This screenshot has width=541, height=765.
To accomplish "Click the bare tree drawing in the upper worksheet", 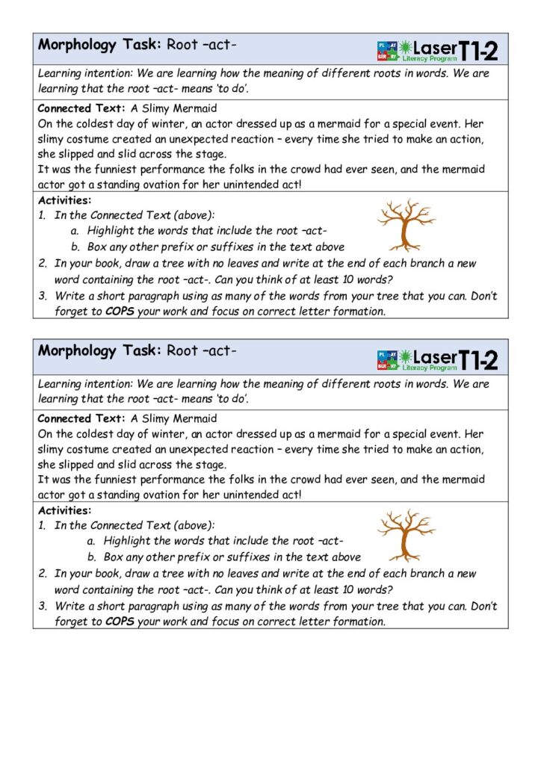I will pyautogui.click(x=405, y=223).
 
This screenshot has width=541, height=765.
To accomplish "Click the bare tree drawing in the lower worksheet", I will pyautogui.click(x=406, y=535).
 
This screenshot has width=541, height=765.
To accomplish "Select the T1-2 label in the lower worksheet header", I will pyautogui.click(x=477, y=360).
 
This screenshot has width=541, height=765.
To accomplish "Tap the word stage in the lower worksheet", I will pyautogui.click(x=211, y=465).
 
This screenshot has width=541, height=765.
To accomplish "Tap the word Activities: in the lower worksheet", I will pyautogui.click(x=64, y=511).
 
